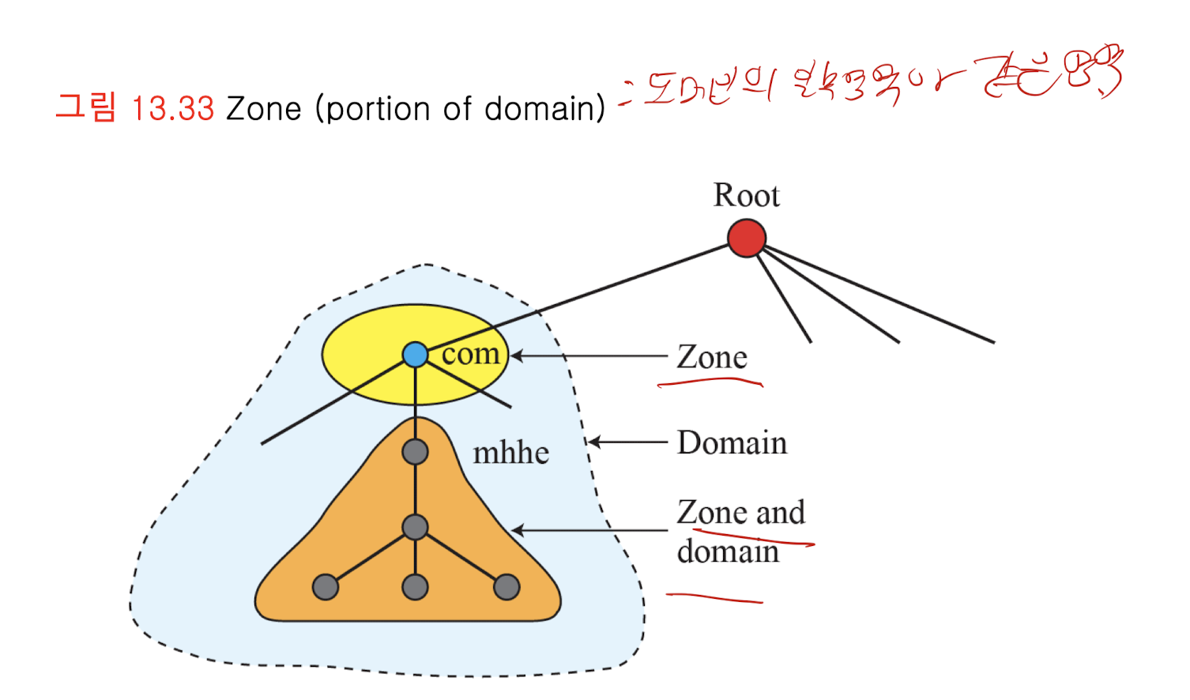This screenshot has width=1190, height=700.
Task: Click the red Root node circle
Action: click(x=746, y=239)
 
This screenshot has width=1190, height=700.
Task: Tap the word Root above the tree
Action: click(x=746, y=195)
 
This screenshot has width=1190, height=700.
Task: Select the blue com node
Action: click(x=415, y=355)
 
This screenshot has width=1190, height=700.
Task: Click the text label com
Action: click(x=471, y=354)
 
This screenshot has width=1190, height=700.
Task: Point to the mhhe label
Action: click(x=510, y=453)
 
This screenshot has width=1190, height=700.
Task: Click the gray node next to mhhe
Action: click(x=415, y=452)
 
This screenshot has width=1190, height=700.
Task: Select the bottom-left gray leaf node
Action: click(x=326, y=587)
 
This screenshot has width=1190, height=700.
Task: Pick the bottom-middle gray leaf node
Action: click(x=415, y=587)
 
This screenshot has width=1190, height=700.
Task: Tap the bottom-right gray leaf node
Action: click(x=507, y=587)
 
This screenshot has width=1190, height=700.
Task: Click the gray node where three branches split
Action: click(x=415, y=527)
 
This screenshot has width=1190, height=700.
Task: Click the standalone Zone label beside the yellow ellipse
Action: click(x=711, y=357)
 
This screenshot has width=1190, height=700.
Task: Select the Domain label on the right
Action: click(x=732, y=443)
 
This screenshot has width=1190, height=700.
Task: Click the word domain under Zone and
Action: click(x=728, y=551)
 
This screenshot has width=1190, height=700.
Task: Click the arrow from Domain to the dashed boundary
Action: click(x=628, y=442)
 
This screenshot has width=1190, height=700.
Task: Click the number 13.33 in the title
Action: click(x=173, y=109)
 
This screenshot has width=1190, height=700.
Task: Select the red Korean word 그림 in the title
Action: click(x=86, y=107)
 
